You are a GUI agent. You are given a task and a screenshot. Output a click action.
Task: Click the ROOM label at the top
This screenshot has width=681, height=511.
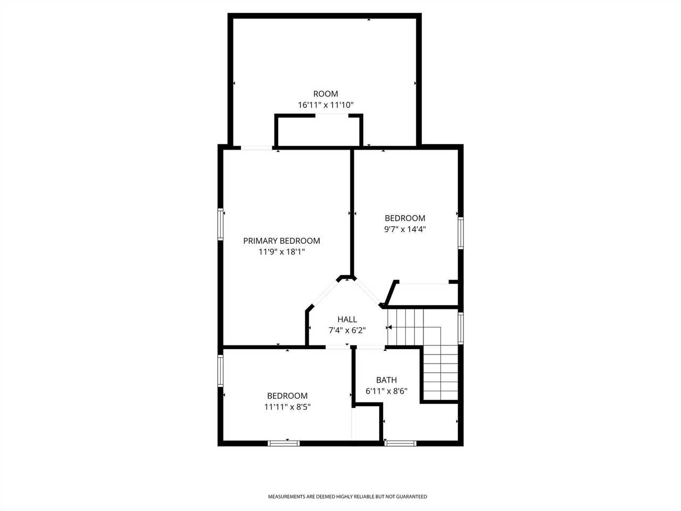pyautogui.click(x=325, y=94)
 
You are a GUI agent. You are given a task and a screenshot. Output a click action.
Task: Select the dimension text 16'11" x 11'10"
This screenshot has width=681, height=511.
pyautogui.click(x=325, y=105)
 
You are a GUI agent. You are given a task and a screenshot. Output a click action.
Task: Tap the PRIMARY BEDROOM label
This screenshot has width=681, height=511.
pyautogui.click(x=281, y=241)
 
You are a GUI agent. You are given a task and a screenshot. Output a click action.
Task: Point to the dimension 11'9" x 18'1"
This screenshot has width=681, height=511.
pyautogui.click(x=281, y=252)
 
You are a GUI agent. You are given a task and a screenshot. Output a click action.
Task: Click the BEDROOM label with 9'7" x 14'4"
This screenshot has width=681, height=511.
pyautogui.click(x=405, y=218)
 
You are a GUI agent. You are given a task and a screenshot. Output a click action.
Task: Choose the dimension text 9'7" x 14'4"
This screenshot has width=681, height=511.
pyautogui.click(x=405, y=229)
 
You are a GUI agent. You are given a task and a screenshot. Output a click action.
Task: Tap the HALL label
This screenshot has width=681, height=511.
pyautogui.click(x=347, y=319)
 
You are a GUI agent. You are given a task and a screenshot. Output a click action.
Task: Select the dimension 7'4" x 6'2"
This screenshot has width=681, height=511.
pyautogui.click(x=347, y=331)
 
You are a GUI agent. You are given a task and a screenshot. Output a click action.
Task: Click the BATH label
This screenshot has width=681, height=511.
pyautogui.click(x=386, y=380)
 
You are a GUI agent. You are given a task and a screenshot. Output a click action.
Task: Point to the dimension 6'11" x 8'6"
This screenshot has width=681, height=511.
pyautogui.click(x=386, y=391)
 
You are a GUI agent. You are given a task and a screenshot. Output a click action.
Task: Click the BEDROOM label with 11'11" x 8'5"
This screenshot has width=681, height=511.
pyautogui.click(x=287, y=396)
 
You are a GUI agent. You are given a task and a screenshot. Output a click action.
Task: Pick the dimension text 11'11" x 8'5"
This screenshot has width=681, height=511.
pyautogui.click(x=287, y=407)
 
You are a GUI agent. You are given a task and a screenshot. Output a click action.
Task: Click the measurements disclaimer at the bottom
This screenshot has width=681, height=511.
pyautogui.click(x=347, y=497)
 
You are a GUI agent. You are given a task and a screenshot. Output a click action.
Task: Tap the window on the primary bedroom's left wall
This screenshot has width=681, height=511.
pyautogui.click(x=220, y=225)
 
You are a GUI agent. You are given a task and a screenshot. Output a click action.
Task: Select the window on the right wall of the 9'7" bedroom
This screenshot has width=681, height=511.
pyautogui.click(x=461, y=233)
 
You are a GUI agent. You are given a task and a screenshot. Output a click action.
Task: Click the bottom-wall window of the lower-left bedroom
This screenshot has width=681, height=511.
pyautogui.click(x=284, y=443)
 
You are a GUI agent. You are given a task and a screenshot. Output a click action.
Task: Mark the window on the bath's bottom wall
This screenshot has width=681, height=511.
pyautogui.click(x=400, y=443)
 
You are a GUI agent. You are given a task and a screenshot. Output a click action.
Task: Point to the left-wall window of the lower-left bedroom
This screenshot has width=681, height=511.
pyautogui.click(x=220, y=370)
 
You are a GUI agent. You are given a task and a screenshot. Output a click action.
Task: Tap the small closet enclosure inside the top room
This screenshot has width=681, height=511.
pyautogui.click(x=318, y=130)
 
